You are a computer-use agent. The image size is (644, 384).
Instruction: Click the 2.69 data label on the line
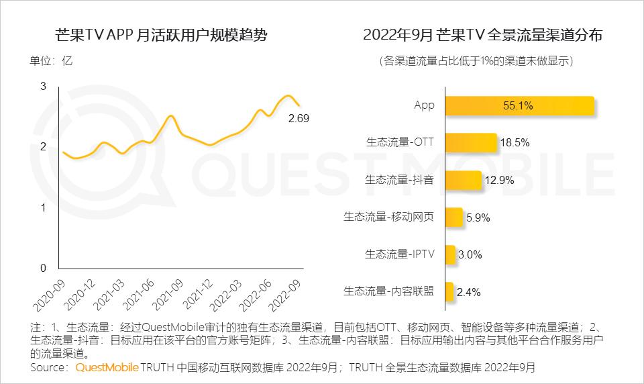pos(298,119)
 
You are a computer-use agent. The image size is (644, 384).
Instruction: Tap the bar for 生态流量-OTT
pos(470,142)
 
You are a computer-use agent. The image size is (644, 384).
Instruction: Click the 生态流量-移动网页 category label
pos(389,217)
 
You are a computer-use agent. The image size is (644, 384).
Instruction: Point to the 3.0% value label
pos(470,254)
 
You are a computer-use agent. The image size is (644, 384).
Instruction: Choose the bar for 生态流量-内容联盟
pos(449,291)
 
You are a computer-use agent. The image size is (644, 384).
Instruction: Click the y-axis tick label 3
pos(44,86)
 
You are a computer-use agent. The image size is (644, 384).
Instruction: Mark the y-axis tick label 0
pos(44,269)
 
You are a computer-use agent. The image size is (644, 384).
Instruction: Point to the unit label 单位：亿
pos(50,60)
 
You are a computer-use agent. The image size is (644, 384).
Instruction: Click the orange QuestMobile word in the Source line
pos(107,368)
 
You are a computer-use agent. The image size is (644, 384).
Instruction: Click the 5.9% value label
pos(478,218)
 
